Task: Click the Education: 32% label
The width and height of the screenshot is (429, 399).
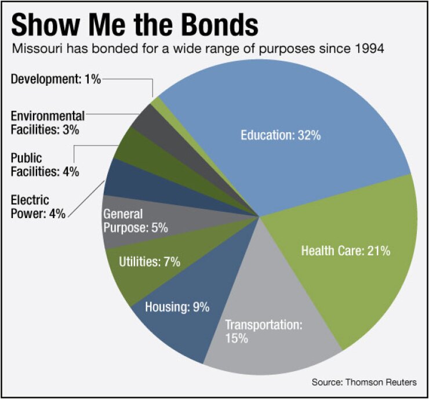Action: [x=281, y=136]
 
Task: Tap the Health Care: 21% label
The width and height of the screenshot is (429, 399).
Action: [x=346, y=251]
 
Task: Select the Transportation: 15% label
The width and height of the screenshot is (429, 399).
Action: [x=264, y=331]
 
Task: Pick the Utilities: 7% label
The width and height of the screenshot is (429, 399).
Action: [x=150, y=262]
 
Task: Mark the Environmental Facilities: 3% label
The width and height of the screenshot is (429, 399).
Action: [x=48, y=121]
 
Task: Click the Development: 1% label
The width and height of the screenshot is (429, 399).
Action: [x=56, y=79]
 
